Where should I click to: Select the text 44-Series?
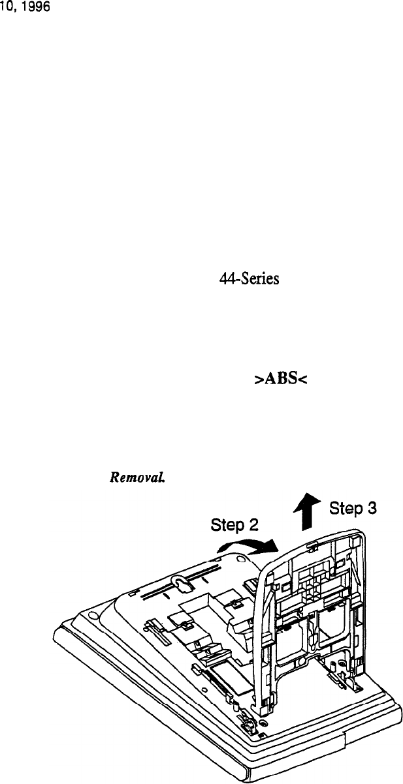(x=238, y=279)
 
